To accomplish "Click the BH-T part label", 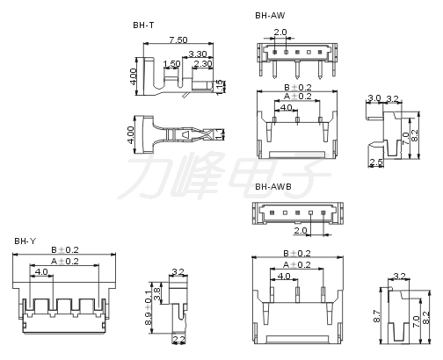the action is pos(143,25).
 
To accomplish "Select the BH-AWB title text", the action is pos(273,187).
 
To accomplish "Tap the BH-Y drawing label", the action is pos(25,241).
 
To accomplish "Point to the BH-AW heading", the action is pos(270,16).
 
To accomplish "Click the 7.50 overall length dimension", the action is pos(178,40).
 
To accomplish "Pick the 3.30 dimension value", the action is pos(198,54).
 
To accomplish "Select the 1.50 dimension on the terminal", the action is pos(171,63).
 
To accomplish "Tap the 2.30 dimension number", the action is pos(203,63).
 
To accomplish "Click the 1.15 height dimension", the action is pos(220,87).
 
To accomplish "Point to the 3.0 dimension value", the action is pos(374,98).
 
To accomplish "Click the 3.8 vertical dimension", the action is pos(157,294).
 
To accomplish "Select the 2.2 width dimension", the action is pos(178,340).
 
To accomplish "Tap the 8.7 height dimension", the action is pos(377,316).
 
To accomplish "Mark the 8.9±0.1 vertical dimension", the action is pos(149,307).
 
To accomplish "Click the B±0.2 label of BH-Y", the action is pos(65,250).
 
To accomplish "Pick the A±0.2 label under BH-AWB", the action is pos(297,265).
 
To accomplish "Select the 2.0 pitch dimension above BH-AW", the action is pos(280,32).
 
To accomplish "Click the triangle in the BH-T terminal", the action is pos(185,134).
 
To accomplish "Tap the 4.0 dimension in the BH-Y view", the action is pos(41,272).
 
